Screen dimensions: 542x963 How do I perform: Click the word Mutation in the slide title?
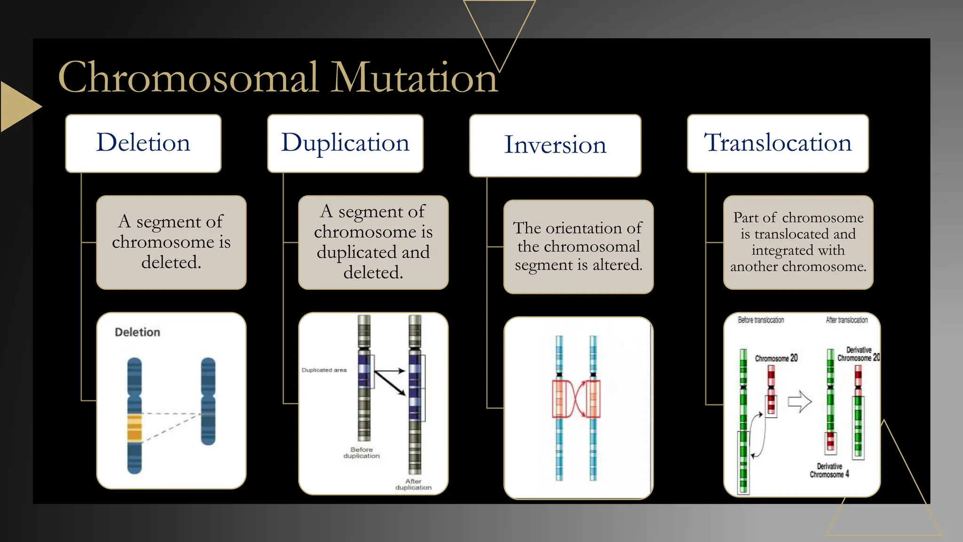click(414, 78)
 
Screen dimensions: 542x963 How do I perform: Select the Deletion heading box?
click(143, 143)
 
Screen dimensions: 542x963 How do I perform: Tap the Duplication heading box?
click(345, 143)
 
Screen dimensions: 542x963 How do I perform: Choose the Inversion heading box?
click(555, 145)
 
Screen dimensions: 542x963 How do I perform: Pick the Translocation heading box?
click(777, 143)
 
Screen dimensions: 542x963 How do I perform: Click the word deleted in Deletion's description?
click(171, 263)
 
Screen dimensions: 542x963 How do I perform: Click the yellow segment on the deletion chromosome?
click(134, 427)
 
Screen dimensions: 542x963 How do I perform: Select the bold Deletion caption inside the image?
click(137, 332)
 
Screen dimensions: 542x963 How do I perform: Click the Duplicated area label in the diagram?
click(324, 370)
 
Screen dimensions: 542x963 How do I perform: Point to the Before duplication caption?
click(361, 453)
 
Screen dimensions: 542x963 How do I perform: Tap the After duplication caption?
click(413, 484)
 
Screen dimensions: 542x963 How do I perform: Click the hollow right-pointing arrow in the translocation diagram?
click(799, 402)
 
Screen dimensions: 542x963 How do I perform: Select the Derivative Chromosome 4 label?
click(829, 470)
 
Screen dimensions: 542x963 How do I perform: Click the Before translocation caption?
click(761, 320)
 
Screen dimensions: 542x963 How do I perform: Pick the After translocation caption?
click(846, 320)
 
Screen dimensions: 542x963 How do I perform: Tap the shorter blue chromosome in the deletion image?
click(208, 401)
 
